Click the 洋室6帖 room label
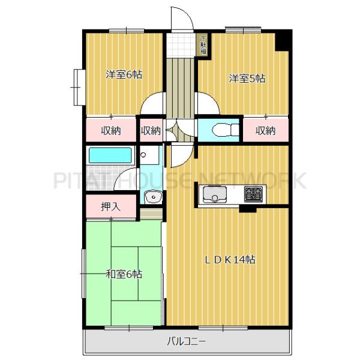(x=124, y=75)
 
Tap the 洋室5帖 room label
(x=247, y=78)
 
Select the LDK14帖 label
(x=230, y=260)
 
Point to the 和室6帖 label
(x=124, y=274)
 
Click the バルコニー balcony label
(x=187, y=343)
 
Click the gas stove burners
(x=253, y=194)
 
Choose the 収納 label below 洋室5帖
(x=265, y=130)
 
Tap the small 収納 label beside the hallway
(x=151, y=130)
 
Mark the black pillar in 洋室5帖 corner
(x=282, y=41)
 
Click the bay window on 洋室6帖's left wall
(x=77, y=87)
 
